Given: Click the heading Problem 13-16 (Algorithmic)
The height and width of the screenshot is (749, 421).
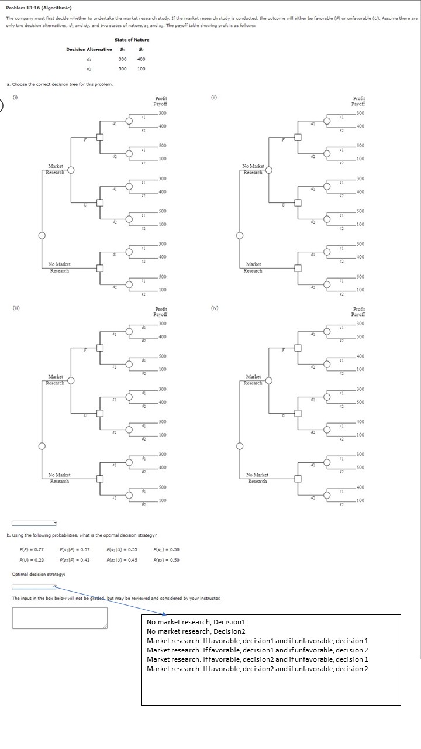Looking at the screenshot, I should (x=39, y=8).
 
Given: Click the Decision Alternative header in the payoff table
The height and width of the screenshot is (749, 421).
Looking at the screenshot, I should (x=89, y=49).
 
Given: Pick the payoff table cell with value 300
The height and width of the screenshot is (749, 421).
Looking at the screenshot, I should (x=123, y=59).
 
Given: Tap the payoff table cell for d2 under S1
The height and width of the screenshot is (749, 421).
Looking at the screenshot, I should (x=123, y=68).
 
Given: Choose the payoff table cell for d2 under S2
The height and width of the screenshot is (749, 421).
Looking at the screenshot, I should (x=142, y=68).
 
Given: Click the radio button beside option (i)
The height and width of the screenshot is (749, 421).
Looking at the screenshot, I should (x=2, y=106).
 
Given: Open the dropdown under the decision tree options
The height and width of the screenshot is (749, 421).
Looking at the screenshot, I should (x=34, y=523).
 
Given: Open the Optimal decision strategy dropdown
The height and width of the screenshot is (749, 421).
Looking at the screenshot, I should (x=34, y=569).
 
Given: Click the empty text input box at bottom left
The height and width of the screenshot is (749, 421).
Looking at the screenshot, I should (x=60, y=617).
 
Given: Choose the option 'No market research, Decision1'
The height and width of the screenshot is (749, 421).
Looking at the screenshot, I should (x=196, y=621).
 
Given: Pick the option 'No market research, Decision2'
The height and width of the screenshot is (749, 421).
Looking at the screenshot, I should (x=196, y=631).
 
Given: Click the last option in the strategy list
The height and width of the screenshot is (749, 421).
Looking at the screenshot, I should (x=257, y=669).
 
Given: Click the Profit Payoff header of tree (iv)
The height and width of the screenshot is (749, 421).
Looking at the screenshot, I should (x=359, y=311).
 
